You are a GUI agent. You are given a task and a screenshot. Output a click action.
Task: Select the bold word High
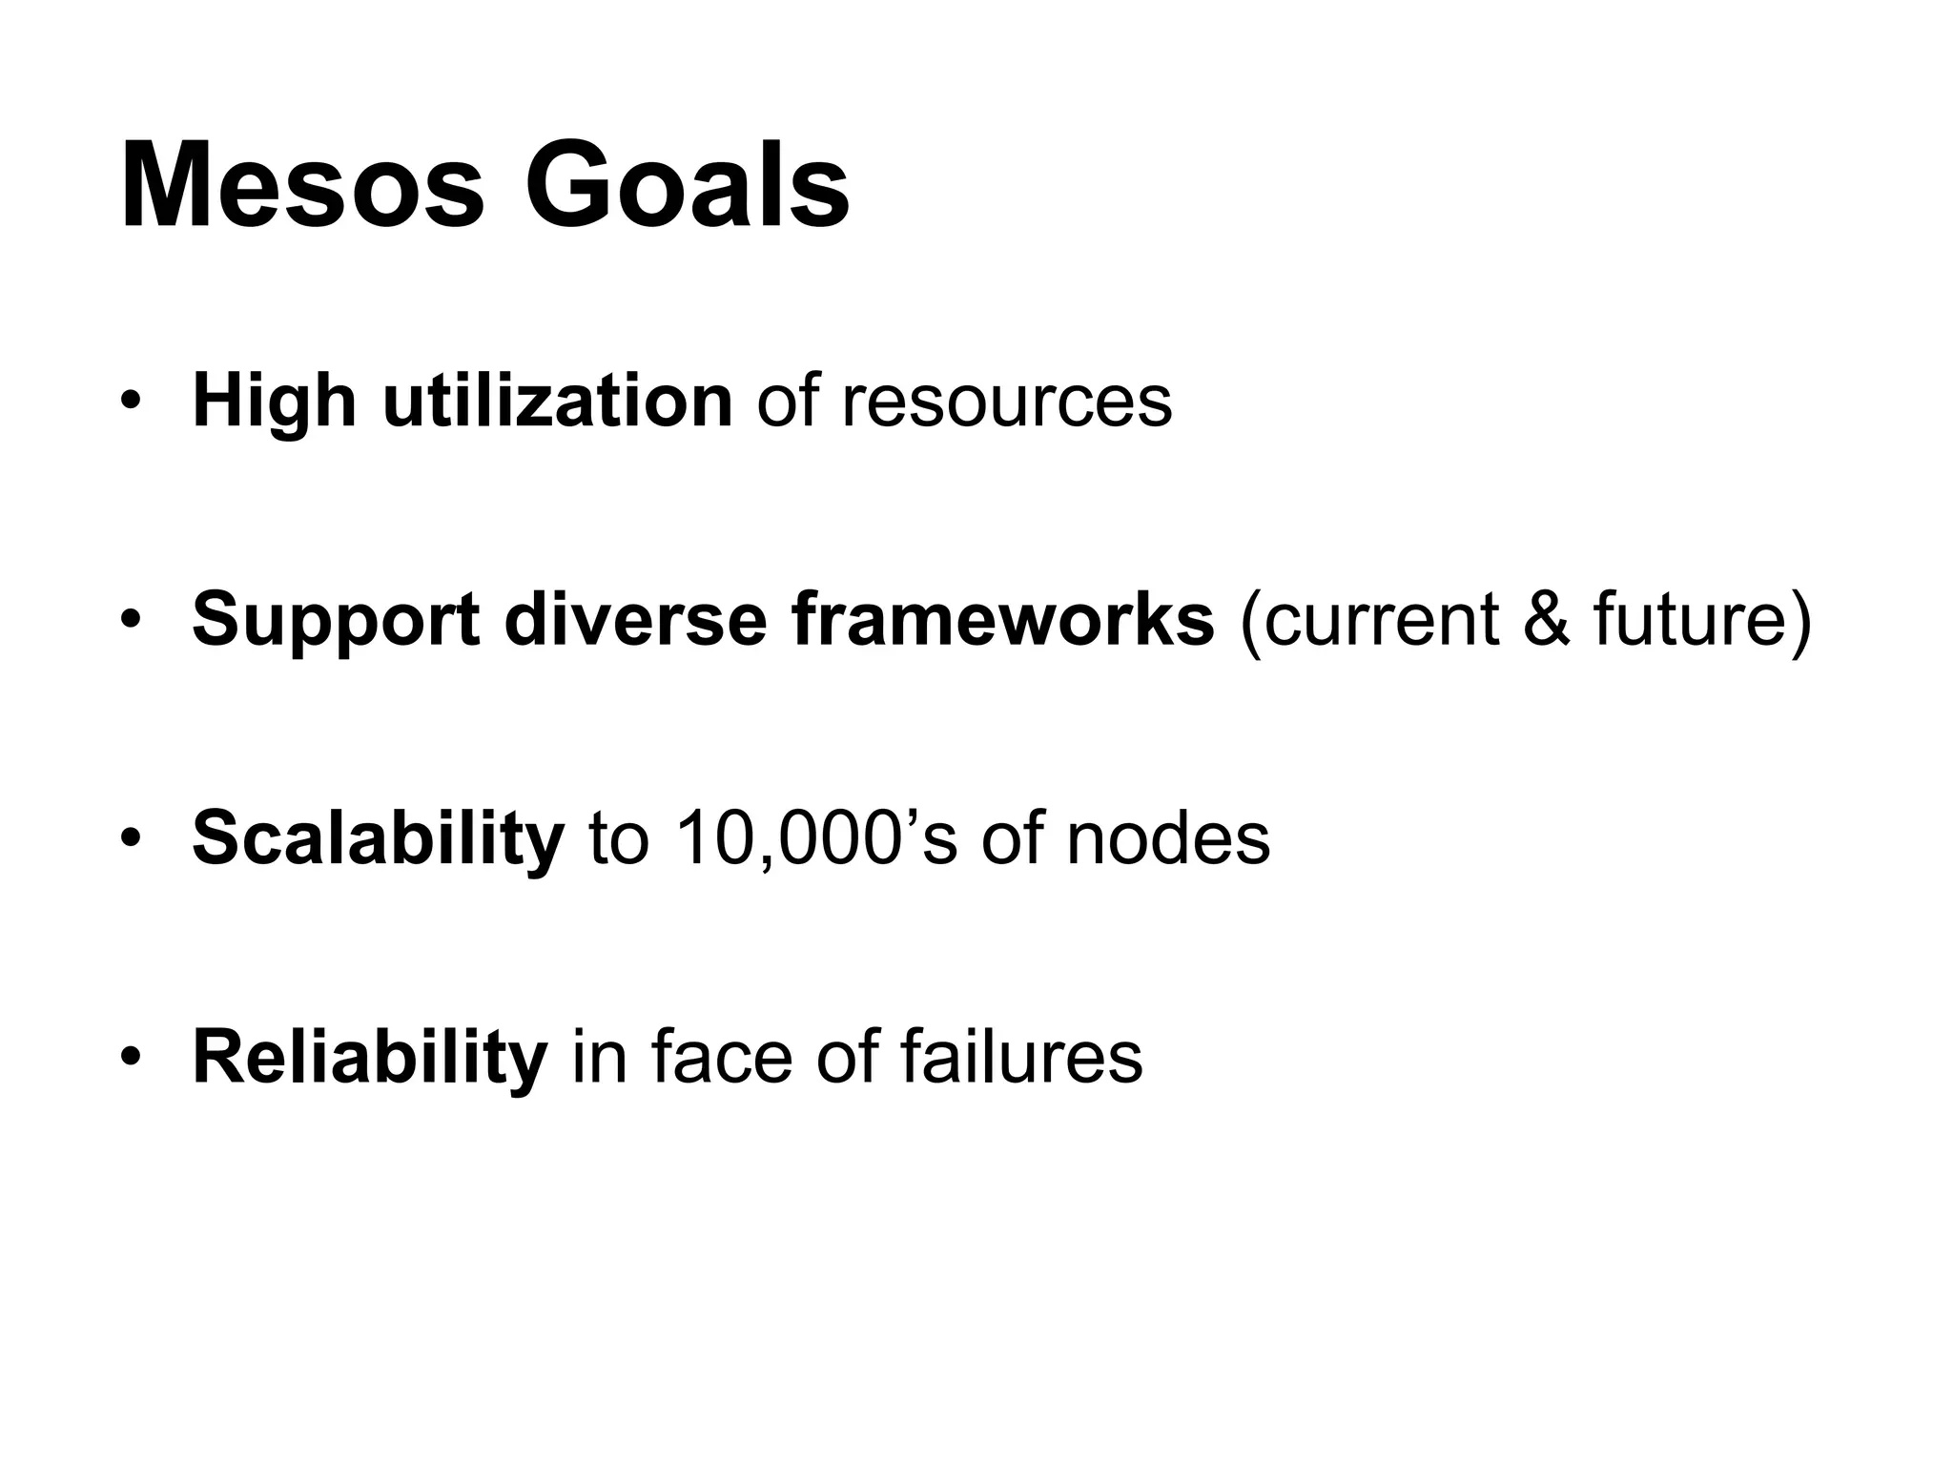click(275, 402)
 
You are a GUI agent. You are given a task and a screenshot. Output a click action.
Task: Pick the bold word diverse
click(635, 620)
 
